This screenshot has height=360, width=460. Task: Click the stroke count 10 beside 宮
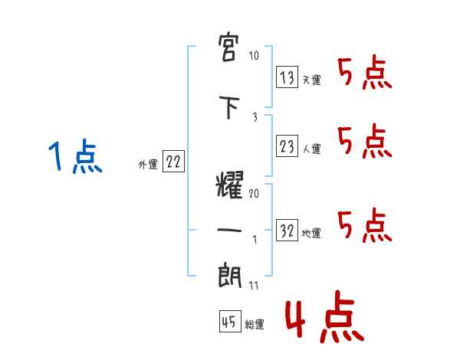coord(255,57)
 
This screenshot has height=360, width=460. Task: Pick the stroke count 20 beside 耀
coord(254,193)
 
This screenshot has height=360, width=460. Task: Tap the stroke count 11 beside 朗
coord(254,286)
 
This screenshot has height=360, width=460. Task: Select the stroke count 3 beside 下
coord(254,116)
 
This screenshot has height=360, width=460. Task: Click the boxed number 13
coord(287,77)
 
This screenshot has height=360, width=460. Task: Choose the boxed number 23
coord(287,146)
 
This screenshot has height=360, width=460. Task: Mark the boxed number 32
coord(287,231)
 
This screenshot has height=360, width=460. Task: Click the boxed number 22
coord(173,162)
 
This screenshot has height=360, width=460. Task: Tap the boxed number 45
coord(229,322)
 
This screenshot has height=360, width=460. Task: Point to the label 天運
coord(311,80)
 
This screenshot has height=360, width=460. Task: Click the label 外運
coord(148,164)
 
